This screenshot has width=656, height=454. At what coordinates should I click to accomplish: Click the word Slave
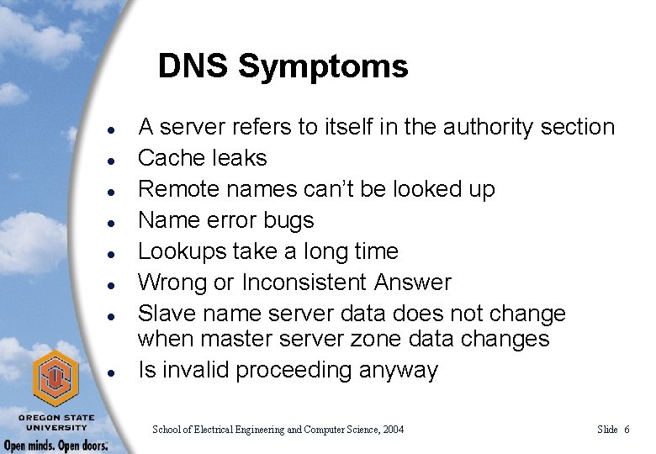click(164, 314)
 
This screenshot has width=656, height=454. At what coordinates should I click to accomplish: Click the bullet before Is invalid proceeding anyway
click(112, 371)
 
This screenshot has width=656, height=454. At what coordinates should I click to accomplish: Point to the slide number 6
click(627, 430)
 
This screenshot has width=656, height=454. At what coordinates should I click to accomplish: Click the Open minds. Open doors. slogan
click(56, 445)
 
